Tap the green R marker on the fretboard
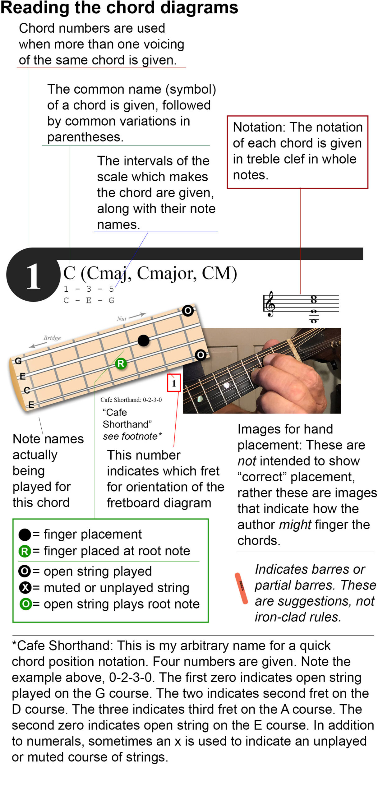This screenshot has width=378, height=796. pos(121,363)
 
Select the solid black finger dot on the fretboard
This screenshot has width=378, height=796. pos(143,340)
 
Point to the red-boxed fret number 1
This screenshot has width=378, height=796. pos(174,383)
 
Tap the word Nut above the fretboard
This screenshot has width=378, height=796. pos(122,319)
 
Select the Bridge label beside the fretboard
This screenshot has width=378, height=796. pos(52,338)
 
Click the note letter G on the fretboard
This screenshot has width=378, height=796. pos(18,361)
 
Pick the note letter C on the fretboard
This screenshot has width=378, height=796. pos(27,390)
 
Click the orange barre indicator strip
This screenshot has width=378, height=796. pos(241,588)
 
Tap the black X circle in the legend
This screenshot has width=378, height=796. pos(25,587)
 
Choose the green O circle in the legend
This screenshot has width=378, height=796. pos(25,604)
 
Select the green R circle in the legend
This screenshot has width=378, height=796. pos(25,551)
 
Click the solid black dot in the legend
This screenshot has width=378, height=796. pos(25,535)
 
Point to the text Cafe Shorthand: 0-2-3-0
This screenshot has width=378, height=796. pos(131,400)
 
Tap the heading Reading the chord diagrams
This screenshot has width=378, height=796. pos(119,7)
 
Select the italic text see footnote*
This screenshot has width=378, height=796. pos(132,436)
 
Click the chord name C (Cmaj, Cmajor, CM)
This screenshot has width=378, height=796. pos(150,273)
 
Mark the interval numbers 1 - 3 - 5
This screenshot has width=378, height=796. pos(89,289)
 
